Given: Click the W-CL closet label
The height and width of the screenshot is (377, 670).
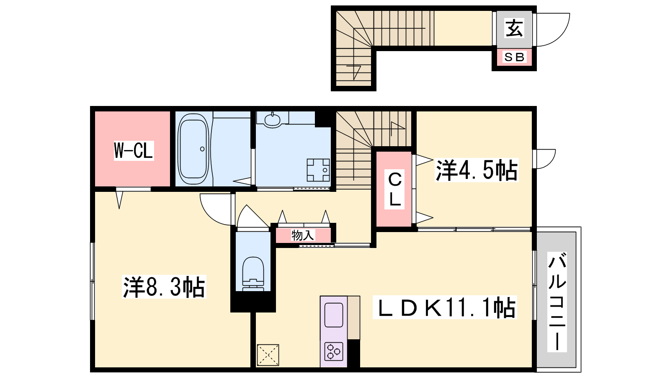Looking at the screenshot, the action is [x=134, y=150].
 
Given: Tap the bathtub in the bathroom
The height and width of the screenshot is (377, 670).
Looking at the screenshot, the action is [x=193, y=149].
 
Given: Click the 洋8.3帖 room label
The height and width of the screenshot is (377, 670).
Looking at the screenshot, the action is [x=164, y=287].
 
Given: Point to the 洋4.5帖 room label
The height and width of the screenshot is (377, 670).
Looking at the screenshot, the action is [x=477, y=170].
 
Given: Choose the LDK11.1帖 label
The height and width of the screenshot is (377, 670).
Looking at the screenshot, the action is [x=445, y=307].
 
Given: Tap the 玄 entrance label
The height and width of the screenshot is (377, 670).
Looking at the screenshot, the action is [x=514, y=28].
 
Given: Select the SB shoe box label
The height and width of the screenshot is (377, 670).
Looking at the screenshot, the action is [x=514, y=57].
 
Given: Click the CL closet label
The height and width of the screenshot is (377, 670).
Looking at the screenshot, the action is [x=394, y=189].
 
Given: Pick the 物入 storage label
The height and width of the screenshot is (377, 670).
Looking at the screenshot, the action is [x=303, y=235].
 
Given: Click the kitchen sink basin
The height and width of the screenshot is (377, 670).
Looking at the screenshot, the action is [x=333, y=315].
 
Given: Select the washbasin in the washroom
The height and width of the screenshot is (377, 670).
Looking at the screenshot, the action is [x=272, y=120].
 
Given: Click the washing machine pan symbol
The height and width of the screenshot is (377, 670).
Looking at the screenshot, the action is [x=318, y=170].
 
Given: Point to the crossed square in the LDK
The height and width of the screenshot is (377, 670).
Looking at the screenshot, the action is [x=268, y=355].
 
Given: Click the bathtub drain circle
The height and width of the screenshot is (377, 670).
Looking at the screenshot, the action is [x=202, y=149].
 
